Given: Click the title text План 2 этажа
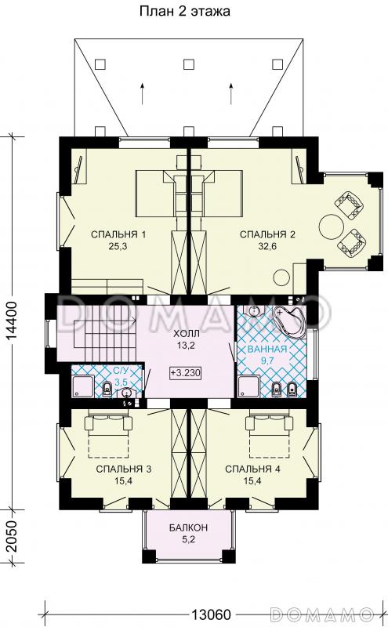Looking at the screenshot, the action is click(184, 11).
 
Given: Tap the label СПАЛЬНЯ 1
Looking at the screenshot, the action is click(118, 234).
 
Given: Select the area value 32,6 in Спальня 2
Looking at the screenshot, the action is click(267, 246).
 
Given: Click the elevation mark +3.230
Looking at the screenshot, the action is click(185, 373).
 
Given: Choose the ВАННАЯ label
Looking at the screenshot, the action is click(267, 349).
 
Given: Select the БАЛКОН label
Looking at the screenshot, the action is click(188, 527).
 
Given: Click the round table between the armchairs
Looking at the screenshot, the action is click(332, 227).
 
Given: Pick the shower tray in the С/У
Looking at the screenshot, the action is click(83, 386).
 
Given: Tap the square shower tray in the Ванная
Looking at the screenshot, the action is click(249, 386).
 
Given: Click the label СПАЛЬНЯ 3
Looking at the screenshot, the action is click(124, 469).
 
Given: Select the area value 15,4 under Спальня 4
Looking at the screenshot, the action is click(252, 481).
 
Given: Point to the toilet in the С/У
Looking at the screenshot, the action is click(107, 389).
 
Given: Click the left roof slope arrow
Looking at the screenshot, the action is click(142, 93).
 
